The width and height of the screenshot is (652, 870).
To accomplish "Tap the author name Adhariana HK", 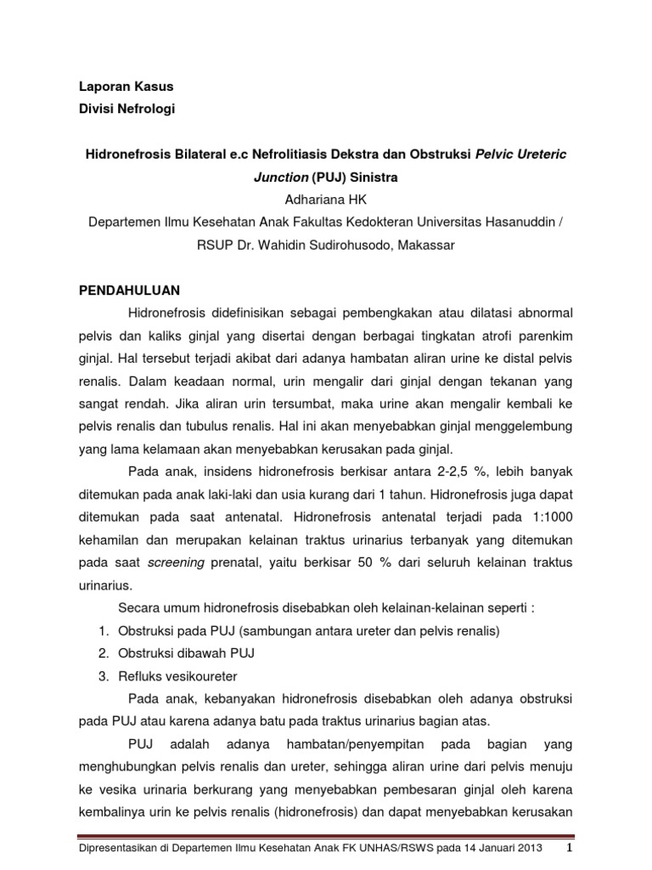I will coord(326,201).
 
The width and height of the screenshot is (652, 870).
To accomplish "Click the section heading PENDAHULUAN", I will coord(130,289).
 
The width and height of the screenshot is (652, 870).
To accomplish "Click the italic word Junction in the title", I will coord(281,178).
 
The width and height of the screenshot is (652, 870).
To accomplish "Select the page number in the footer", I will coord(571,849).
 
